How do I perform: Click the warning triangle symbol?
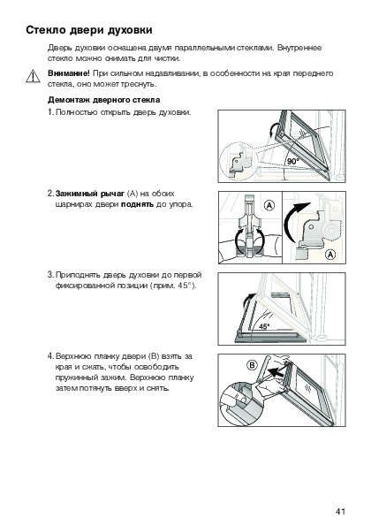(33, 76)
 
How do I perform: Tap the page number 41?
(340, 511)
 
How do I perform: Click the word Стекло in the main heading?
(46, 30)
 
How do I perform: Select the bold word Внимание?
(69, 73)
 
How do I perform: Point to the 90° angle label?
(292, 162)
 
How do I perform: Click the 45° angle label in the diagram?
(264, 326)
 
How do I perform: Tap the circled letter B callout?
(252, 365)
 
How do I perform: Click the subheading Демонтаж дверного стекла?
(104, 100)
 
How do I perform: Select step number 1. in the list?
(51, 112)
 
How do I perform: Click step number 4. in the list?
(50, 356)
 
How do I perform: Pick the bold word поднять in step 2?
(138, 204)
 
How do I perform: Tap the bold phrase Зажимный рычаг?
(90, 194)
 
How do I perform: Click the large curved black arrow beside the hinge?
(291, 220)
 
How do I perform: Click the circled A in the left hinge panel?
(269, 205)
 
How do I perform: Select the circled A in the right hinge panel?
(330, 255)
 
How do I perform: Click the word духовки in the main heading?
(130, 30)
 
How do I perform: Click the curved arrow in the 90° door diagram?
(272, 130)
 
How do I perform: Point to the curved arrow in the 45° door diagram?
(246, 301)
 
